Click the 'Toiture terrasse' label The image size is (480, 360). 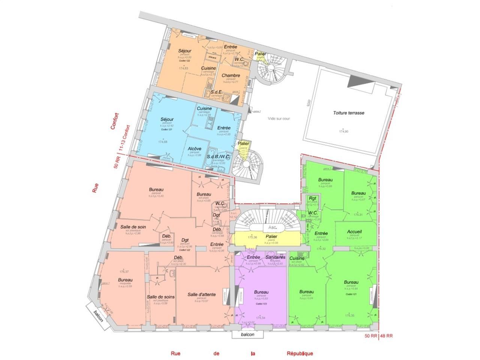pos(348,112)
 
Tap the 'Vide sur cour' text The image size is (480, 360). pos(279,118)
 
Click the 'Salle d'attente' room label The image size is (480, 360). pos(201,294)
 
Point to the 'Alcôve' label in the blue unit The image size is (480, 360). pos(194,148)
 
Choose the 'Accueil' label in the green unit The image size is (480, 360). pos(354,232)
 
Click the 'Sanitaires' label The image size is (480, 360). pos(276,257)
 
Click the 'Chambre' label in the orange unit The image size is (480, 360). pos(231,75)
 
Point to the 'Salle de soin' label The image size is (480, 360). pos(133,226)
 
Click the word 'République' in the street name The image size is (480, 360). pos(300,353)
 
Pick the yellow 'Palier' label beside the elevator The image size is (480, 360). pos(271,237)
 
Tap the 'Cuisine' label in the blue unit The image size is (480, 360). pos(204,108)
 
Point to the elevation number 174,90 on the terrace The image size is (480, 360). pos(343,131)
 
